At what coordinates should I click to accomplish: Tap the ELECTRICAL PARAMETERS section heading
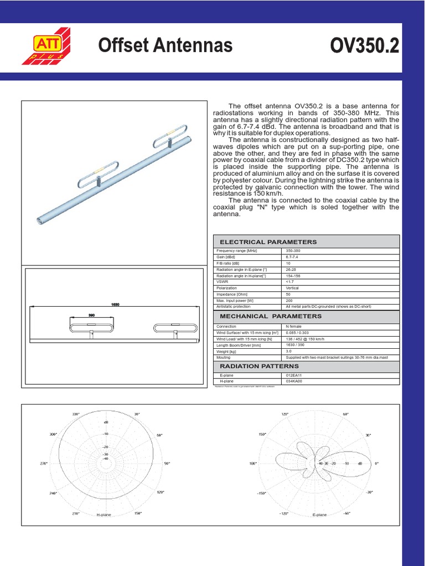[x=268, y=242]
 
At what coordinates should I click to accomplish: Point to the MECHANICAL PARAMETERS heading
[x=271, y=316]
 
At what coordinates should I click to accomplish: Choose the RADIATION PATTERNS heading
[x=259, y=366]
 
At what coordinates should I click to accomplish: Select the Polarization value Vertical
[x=292, y=288]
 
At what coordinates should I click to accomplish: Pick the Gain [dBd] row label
[x=226, y=257]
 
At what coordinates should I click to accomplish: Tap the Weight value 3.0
[x=289, y=351]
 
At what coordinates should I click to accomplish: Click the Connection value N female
[x=294, y=327]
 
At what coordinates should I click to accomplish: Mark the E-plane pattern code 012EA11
[x=294, y=375]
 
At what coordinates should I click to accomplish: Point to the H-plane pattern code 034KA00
[x=294, y=381]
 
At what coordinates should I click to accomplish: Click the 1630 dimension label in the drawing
[x=116, y=304]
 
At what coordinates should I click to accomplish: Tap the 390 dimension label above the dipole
[x=92, y=315]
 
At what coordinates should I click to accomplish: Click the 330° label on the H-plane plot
[x=75, y=414]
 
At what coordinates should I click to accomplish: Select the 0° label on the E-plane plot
[x=376, y=463]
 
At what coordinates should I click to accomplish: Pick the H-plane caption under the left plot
[x=104, y=515]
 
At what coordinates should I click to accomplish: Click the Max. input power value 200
[x=289, y=300]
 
